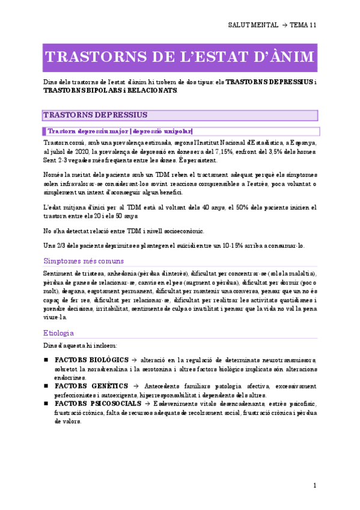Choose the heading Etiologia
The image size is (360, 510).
coord(59,332)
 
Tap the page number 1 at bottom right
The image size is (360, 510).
coord(315,485)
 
